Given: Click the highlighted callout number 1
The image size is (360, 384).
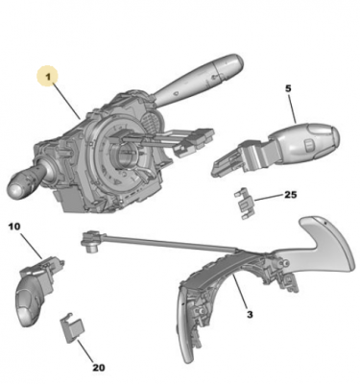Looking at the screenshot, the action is pos(48,77).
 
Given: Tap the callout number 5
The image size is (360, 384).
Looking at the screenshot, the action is pos(288,88).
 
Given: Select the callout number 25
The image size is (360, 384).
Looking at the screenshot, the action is pos(291,194).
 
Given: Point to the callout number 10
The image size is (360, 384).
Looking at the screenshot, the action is pos(14,227).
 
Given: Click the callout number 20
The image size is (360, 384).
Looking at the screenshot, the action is pos(99,368).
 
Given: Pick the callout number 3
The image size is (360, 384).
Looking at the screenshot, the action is pos(250,314).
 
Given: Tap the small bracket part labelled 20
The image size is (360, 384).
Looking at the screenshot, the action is pos(72,328).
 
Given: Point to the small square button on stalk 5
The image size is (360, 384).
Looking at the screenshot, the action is pos(309,145).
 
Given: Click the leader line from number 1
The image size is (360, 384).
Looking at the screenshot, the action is pos(66,100).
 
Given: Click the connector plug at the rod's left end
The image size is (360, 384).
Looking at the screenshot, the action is pos(90,241).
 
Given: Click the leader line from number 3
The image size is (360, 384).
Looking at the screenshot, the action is pos(241,291).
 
